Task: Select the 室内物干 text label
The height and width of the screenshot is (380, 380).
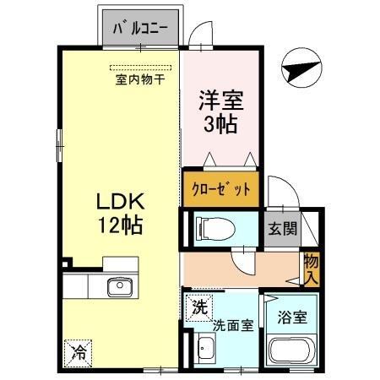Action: tap(140, 81)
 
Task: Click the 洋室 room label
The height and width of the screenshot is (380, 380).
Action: tap(221, 101)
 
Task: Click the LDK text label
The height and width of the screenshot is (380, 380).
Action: tap(121, 203)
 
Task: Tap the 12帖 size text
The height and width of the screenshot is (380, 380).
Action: tap(121, 226)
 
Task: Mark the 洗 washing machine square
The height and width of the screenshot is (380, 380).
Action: tap(198, 304)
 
